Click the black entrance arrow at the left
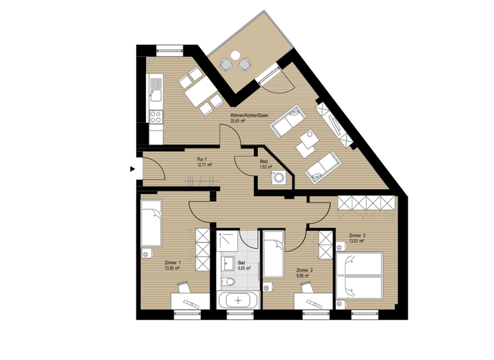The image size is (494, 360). click(133, 170)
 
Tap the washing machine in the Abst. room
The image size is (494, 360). click(279, 178)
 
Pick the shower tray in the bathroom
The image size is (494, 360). click(228, 242)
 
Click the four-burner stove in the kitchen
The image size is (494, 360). click(156, 116)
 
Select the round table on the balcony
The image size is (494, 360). click(235, 55)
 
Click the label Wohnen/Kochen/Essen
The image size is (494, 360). click(250, 116)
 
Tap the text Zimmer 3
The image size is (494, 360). click(356, 236)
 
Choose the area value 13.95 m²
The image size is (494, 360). click(172, 269)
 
